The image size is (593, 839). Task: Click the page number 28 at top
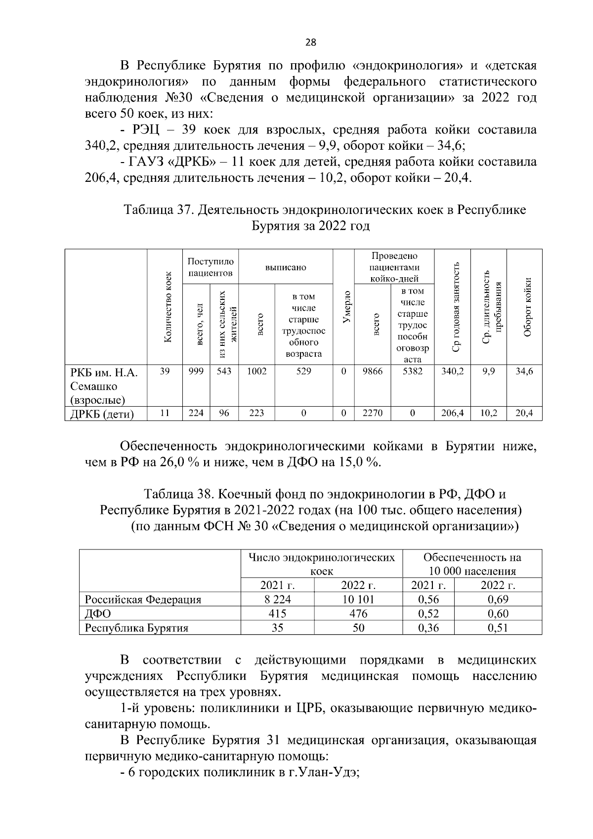coord(310,43)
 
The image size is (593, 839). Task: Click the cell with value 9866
coord(373,372)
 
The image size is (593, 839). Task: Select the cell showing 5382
coord(413,372)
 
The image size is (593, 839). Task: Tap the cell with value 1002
coord(256,372)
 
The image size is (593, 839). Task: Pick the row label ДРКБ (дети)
coord(102,414)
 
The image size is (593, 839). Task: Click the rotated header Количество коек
coord(168,307)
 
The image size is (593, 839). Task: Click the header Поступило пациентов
coord(211,267)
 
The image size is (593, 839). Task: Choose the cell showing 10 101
coord(358,600)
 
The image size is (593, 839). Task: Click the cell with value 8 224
coord(277,600)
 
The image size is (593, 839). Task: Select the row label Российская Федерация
coord(143,600)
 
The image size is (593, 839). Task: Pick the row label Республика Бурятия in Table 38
coord(137,629)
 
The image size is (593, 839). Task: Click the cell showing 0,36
coord(428,629)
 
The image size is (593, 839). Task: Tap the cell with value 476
coord(358,614)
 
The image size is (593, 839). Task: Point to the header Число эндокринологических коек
coord(322,564)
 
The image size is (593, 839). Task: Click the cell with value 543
coord(224,372)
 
